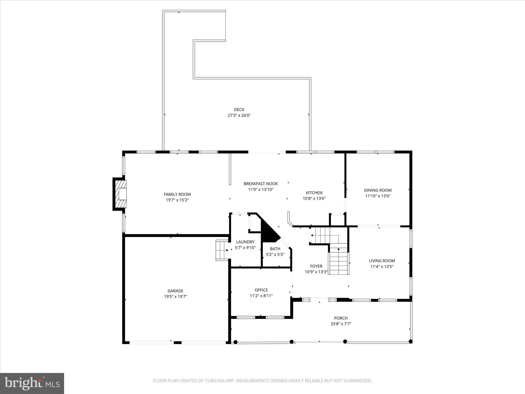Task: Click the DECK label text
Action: pos(239,110)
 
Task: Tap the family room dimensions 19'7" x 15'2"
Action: pos(177,200)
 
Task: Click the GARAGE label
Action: pos(175,291)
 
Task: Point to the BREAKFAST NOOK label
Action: pos(260,184)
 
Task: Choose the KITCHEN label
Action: pos(314,193)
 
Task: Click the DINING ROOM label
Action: pos(378,190)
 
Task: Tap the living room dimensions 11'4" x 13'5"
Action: pos(382,267)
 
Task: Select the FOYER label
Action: pos(316,266)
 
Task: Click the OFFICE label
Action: pos(261,290)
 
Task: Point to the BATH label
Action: pos(275,249)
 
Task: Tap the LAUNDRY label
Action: pos(245,242)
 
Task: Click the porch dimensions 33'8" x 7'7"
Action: pos(341,324)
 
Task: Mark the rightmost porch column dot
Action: pos(410,341)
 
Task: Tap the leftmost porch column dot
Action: pos(236,342)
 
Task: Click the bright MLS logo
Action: pos(32,383)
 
